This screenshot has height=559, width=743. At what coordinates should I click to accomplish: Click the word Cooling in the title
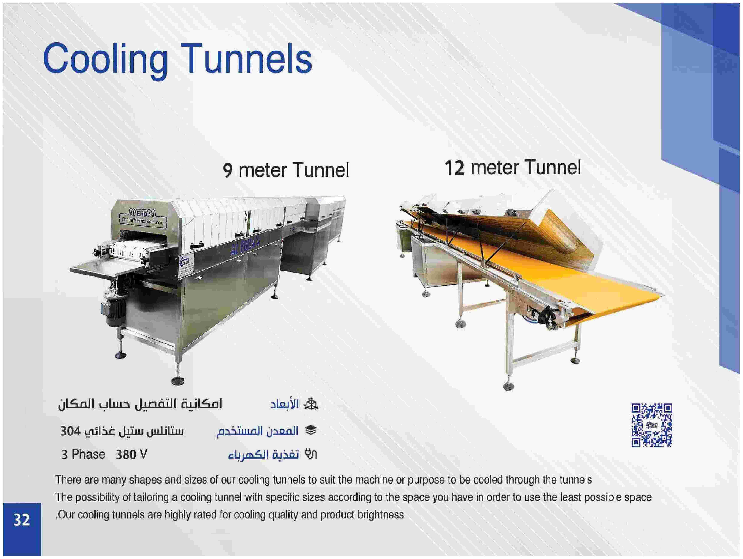105,60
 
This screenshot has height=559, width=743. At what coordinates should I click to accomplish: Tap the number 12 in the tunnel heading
455,168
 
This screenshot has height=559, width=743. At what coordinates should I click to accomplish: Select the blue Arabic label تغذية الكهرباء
263,455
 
